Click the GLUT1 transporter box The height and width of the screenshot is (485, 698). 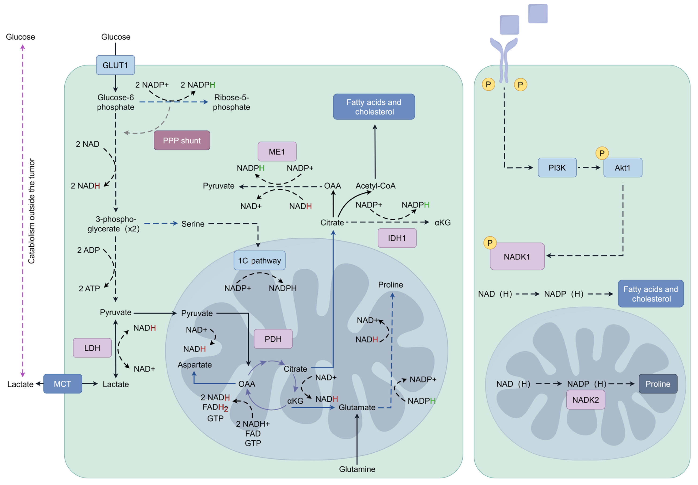coord(115,65)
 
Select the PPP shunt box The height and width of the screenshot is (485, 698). coord(182,140)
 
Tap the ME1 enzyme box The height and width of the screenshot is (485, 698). coord(277,152)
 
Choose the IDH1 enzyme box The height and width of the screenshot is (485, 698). coord(397,238)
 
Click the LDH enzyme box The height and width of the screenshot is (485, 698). coord(92,348)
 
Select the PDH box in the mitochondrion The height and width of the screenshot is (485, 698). coord(273,339)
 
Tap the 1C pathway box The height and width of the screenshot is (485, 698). coord(259,260)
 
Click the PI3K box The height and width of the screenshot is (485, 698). coord(557,168)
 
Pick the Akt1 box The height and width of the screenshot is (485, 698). coord(622,168)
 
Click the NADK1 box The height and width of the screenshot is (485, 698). coord(517,257)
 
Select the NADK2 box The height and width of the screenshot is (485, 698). coord(585,400)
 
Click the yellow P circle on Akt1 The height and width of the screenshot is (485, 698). coord(602,153)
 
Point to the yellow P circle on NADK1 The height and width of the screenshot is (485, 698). coord(490,243)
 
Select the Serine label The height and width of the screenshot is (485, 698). coord(193,224)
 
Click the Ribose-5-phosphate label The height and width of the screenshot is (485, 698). coord(231,102)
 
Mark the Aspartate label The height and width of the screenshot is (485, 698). coord(194,365)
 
